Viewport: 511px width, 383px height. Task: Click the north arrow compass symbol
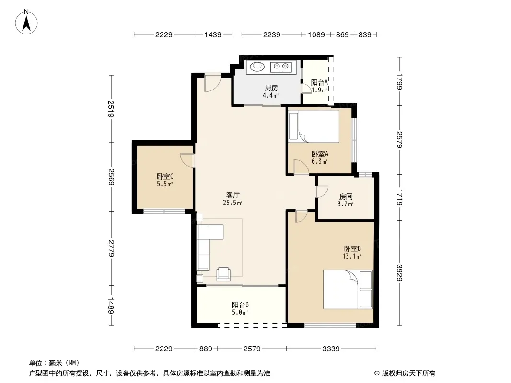(x=26, y=22)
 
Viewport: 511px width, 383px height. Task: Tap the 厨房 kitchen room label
(x=271, y=88)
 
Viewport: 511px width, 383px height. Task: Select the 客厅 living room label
(x=232, y=195)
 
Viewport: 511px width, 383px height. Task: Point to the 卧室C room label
(x=165, y=176)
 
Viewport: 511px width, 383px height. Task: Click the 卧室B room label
(x=352, y=248)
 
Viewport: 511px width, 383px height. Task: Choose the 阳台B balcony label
(x=240, y=304)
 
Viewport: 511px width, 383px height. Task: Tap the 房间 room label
(x=346, y=197)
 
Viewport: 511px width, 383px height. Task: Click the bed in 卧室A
(x=314, y=126)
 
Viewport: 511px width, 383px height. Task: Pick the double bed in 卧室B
(x=348, y=289)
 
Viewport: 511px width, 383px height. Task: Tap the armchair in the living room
(x=223, y=274)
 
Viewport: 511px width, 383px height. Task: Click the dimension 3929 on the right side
(x=400, y=273)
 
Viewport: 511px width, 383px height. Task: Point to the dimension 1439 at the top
(x=213, y=34)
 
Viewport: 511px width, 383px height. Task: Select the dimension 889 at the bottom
(x=206, y=349)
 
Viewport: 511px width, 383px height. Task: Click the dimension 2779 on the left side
(x=111, y=248)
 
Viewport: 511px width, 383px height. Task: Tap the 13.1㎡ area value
(x=352, y=257)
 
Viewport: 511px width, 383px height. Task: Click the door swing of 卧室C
(x=187, y=160)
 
